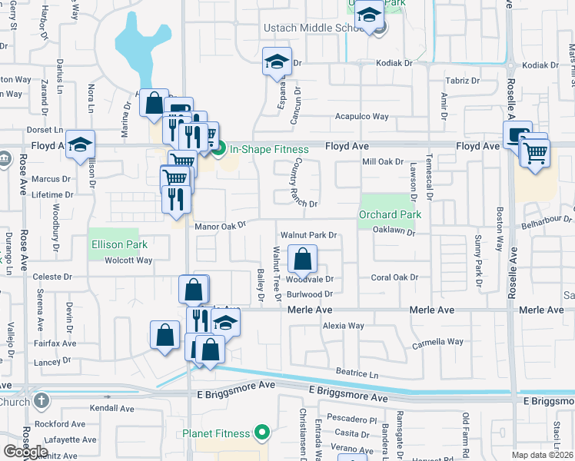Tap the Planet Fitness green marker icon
262,433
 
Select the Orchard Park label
390,215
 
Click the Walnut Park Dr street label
309,235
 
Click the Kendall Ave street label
111,408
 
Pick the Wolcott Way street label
129,260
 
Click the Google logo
26,451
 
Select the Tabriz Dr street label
464,80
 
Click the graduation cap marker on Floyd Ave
80,145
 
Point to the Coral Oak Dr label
394,277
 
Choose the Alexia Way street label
343,326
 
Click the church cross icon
42,401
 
